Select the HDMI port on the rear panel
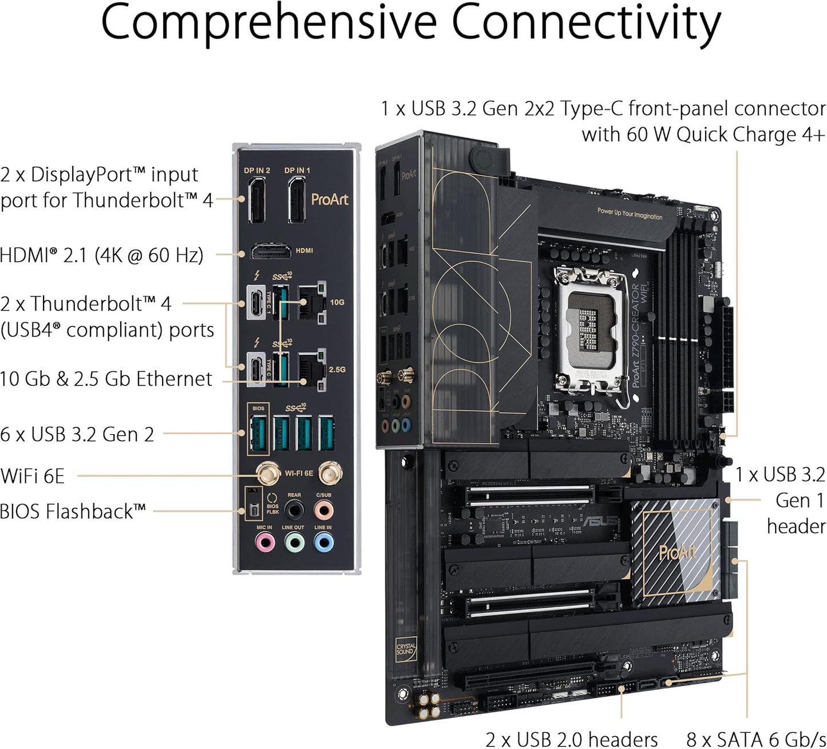coord(269,251)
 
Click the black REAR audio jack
coord(294,509)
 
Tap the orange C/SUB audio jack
coord(324,509)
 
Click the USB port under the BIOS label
coord(258,433)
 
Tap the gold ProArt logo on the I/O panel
coord(330,200)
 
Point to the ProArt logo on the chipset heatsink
coord(678,552)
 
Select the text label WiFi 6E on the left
coord(33,475)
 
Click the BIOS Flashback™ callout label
coord(73,511)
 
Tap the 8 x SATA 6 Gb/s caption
coord(756,739)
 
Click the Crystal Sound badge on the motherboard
coord(406,649)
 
